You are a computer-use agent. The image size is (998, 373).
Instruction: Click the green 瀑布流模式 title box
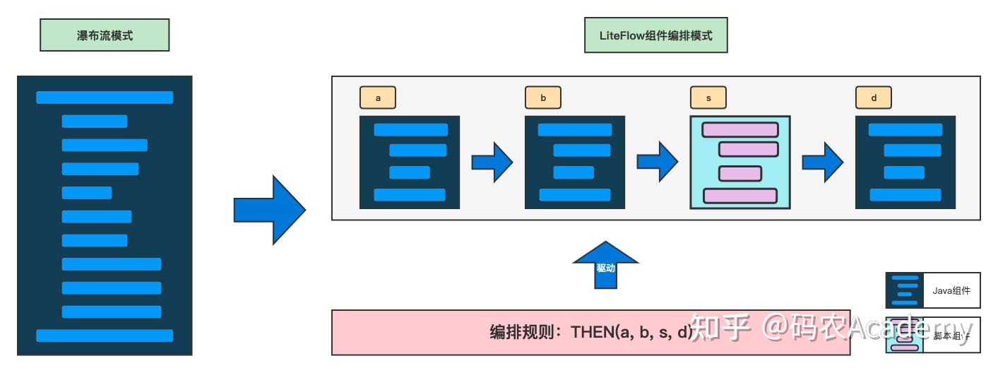105,35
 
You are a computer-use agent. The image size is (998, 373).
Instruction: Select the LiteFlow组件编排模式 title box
655,35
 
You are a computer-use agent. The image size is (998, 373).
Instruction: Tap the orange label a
378,98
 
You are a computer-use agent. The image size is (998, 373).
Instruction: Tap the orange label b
543,98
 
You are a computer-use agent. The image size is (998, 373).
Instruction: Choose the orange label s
708,98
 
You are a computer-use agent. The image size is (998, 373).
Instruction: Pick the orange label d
874,98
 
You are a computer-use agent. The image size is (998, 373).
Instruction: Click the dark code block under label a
410,162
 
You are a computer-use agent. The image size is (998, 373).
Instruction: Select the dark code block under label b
575,162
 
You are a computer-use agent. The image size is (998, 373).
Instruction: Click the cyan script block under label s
740,162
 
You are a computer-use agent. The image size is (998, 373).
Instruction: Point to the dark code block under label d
905,162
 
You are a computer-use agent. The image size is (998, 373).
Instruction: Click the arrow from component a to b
492,162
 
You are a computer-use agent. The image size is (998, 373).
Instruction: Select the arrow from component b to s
658,162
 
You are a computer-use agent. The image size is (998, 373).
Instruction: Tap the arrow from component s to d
823,162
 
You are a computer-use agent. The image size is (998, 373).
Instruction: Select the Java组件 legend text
951,290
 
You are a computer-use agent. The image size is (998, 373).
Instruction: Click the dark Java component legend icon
905,290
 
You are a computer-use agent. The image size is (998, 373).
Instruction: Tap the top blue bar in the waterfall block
105,97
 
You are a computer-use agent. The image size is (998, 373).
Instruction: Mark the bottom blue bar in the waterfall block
105,336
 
